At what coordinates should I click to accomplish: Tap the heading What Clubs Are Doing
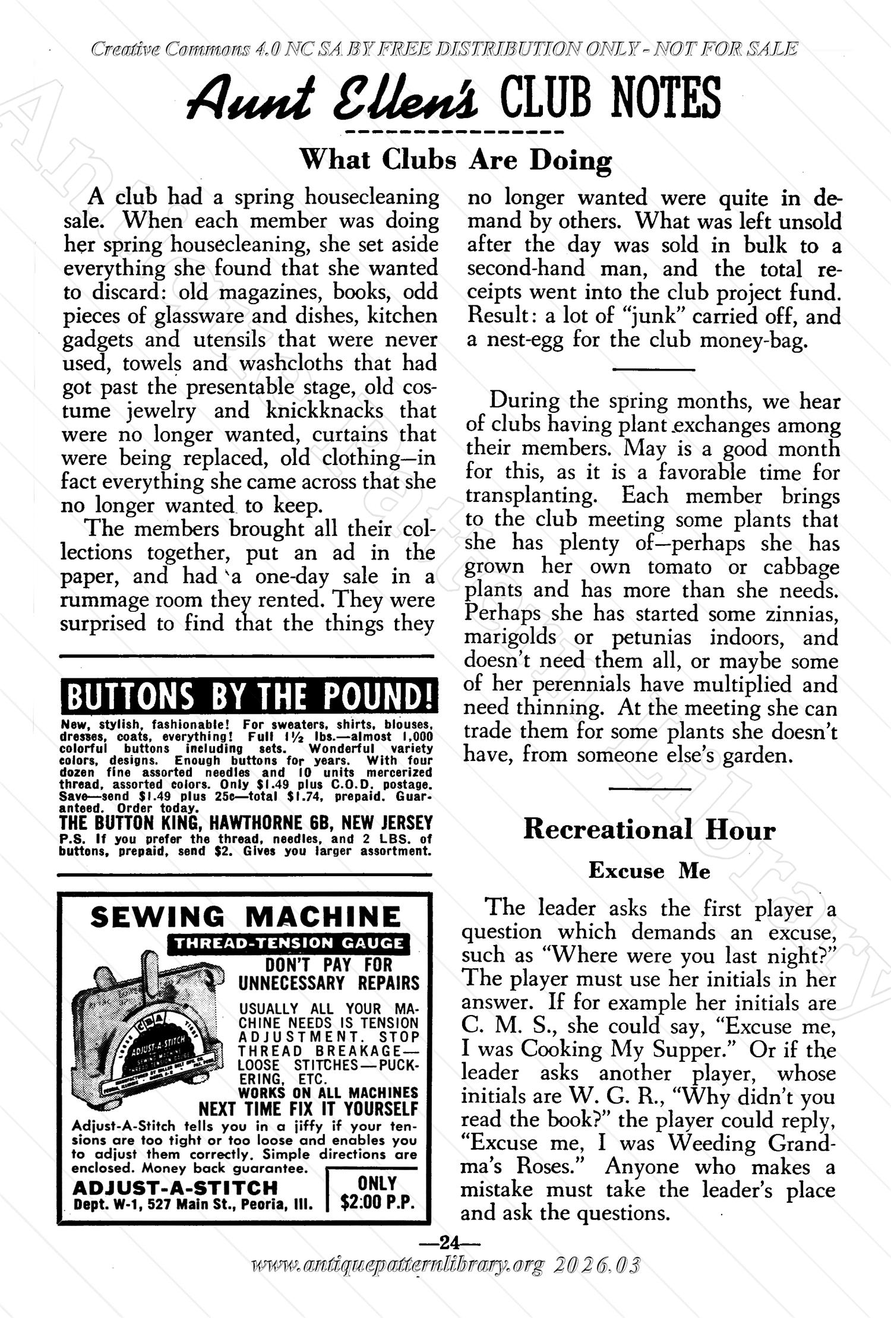(455, 160)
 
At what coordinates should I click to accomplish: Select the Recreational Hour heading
(649, 830)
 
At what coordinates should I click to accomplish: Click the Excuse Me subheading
(649, 871)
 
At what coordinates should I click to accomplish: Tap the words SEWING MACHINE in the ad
(246, 917)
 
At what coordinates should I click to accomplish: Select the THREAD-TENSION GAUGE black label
(289, 943)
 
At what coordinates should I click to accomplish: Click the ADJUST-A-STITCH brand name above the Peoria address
(175, 1187)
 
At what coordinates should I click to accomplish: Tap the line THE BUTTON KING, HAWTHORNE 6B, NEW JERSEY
(246, 823)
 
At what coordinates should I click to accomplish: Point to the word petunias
(652, 637)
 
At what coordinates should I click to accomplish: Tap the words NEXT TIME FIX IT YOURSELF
(308, 1109)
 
